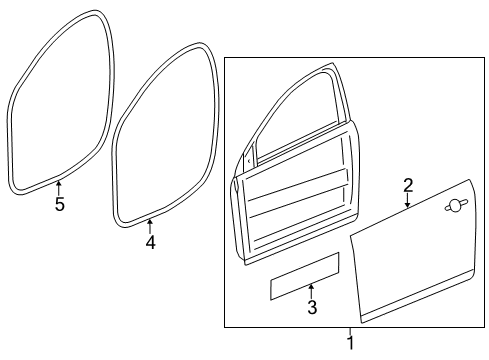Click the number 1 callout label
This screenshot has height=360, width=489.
(x=351, y=343)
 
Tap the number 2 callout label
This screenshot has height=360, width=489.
(x=408, y=185)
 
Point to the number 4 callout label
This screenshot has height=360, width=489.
(x=150, y=241)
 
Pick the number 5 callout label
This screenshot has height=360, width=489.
(x=59, y=205)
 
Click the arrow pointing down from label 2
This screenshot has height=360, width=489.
(x=408, y=203)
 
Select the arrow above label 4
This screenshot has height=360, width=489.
(x=150, y=224)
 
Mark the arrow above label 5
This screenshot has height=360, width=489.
(x=59, y=187)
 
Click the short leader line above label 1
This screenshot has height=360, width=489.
(x=351, y=331)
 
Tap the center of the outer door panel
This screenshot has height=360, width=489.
(x=415, y=265)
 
